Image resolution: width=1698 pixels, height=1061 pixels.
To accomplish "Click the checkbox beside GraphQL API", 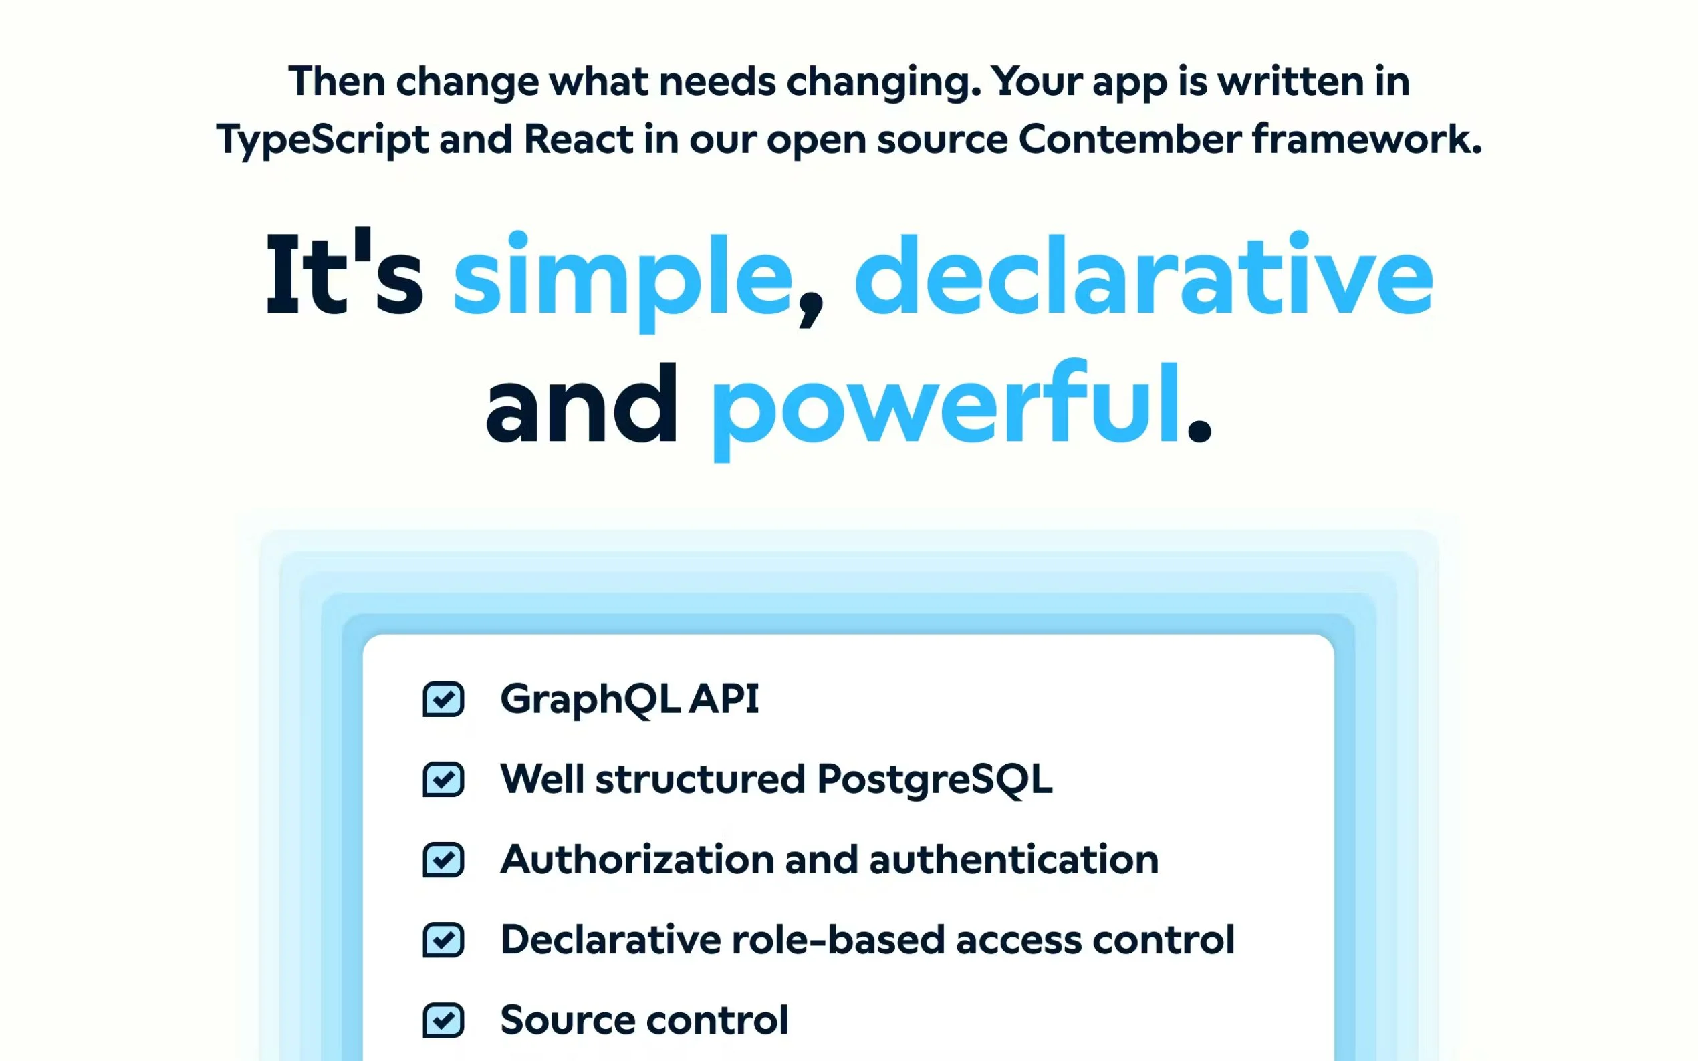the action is point(443,699).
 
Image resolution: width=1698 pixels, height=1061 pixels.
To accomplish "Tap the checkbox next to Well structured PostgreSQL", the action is point(443,779).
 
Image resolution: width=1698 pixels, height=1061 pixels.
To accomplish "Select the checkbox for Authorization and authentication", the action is point(443,860).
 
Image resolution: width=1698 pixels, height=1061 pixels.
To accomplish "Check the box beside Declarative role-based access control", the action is point(443,939).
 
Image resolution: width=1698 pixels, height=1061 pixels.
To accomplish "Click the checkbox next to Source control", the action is point(443,1020).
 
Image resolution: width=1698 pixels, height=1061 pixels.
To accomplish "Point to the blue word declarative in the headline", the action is point(1143,274).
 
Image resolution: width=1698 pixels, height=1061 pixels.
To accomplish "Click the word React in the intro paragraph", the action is point(578,139).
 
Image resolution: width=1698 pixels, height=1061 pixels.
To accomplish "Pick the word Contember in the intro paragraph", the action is point(1129,139).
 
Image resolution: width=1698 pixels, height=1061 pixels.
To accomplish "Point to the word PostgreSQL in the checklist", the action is point(935,780).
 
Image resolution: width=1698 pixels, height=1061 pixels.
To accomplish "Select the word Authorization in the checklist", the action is point(636,860).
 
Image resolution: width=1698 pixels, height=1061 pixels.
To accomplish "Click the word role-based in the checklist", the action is point(838,939).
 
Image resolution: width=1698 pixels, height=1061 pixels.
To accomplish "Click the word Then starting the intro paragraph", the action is point(336,81).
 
